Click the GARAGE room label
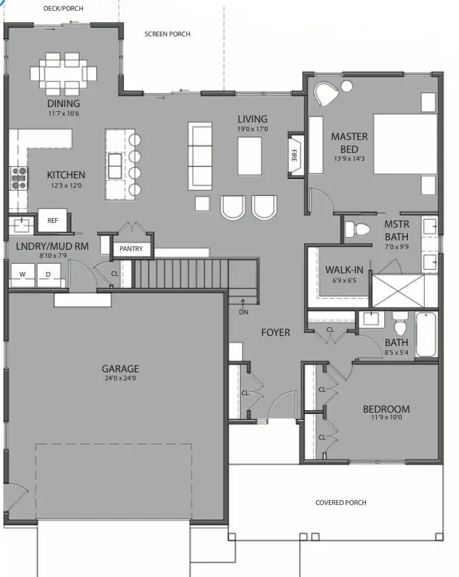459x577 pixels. (120, 368)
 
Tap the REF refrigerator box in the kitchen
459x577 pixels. (52, 220)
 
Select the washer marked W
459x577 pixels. (22, 274)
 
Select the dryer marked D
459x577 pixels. (48, 274)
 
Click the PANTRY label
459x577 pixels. (131, 249)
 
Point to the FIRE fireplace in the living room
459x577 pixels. (295, 156)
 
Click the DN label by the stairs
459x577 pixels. (243, 312)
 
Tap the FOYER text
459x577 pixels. (276, 333)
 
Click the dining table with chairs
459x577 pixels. (63, 71)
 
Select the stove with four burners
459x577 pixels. (18, 178)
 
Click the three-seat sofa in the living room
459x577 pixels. (200, 155)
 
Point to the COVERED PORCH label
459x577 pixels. (342, 503)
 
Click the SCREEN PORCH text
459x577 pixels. (167, 34)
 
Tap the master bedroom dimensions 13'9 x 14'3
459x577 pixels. (349, 159)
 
